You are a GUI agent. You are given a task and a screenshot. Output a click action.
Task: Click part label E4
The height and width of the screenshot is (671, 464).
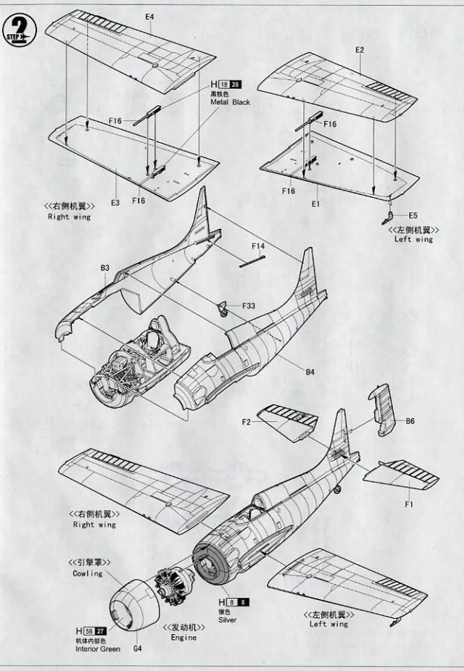pos(150,16)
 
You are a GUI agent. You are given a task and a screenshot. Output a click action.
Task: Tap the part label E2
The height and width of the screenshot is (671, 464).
pos(360,49)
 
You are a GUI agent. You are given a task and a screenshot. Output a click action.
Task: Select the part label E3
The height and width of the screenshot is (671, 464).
pos(115,203)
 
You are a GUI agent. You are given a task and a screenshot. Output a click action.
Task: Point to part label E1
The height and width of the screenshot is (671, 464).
pos(315,204)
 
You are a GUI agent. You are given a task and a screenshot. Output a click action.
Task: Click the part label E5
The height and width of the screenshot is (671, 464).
pos(413,215)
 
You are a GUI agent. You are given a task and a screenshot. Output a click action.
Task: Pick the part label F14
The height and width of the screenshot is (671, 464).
pos(258,246)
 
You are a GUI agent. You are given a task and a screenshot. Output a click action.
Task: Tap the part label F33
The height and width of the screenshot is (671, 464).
pos(248,306)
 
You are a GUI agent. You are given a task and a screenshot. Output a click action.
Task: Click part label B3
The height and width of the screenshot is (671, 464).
pos(105,268)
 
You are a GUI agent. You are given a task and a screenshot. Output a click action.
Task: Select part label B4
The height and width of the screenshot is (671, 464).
pos(310,372)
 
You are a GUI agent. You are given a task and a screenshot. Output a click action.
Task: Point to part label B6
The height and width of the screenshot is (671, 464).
pos(410,420)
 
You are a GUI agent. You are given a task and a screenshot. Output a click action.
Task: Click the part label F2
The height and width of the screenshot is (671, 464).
pos(246,421)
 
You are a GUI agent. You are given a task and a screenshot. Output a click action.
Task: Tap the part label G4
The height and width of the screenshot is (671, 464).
pos(137,648)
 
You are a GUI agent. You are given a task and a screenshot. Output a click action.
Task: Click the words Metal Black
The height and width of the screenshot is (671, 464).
pos(231,103)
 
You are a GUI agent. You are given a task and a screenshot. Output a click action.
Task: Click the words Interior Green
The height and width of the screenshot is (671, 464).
pos(98,649)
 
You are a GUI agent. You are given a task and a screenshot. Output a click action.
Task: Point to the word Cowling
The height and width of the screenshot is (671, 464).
pos(88,574)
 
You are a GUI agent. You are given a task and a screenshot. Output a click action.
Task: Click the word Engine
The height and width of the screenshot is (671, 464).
pos(184,638)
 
